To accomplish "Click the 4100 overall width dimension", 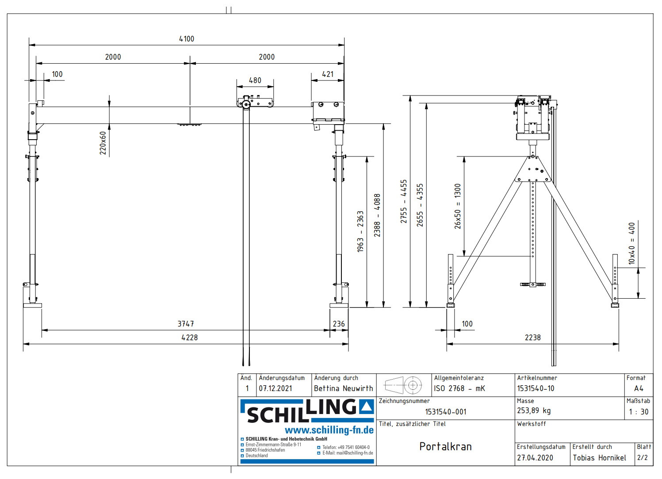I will tap(186, 39).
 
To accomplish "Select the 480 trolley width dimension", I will tap(255, 80).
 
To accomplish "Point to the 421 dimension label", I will tap(328, 74).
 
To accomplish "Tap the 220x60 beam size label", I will tap(103, 143).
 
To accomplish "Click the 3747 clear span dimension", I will tap(186, 324).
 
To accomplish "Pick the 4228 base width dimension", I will tap(189, 338).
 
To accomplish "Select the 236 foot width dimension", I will tap(339, 324).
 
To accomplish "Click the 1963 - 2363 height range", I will tap(360, 231).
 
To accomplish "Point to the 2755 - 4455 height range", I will tap(404, 201).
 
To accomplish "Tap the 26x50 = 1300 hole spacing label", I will tap(458, 206).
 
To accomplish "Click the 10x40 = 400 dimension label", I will tap(632, 243).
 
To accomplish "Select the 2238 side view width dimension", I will tap(532, 338).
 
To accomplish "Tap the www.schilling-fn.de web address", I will tap(329, 430).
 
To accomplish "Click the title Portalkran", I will tap(445, 447).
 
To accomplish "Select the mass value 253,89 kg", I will tap(534, 411).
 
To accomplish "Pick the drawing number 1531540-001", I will tap(445, 412).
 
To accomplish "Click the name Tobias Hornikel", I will tap(599, 458).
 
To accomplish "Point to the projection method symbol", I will tap(404, 385).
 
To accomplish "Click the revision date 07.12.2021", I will tap(276, 388).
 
